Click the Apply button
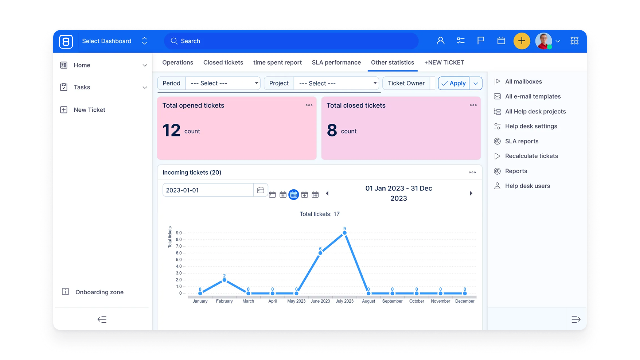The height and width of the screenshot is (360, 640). [454, 83]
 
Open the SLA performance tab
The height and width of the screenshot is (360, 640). [336, 62]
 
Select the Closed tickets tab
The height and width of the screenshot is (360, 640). [223, 62]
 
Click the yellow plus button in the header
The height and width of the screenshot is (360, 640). [521, 41]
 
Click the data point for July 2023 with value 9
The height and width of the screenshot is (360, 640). [344, 233]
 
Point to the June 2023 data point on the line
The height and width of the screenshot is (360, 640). [320, 253]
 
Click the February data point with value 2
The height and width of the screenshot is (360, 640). [224, 280]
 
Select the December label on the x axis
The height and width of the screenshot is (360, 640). [464, 301]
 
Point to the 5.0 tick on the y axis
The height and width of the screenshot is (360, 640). [179, 260]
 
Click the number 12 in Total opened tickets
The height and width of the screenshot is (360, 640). [171, 130]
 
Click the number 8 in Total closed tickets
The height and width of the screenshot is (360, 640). [332, 130]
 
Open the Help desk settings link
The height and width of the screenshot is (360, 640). [531, 126]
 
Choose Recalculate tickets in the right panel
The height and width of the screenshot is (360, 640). [531, 156]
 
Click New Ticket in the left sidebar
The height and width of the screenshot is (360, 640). [89, 110]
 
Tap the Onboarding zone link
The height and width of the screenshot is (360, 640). [99, 292]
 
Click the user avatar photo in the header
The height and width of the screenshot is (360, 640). [543, 41]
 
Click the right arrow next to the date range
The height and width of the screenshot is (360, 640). [471, 193]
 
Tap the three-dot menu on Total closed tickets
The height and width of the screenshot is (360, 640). [473, 105]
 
